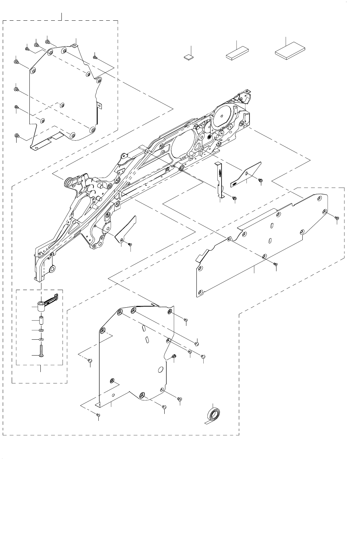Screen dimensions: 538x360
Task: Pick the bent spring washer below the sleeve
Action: (x=41, y=330)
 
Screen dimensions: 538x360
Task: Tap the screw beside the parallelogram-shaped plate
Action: (x=261, y=180)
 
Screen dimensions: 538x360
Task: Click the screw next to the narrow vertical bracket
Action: (x=234, y=198)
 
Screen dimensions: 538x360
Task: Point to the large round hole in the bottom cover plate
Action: (x=160, y=370)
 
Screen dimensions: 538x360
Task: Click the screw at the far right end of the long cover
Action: (x=337, y=218)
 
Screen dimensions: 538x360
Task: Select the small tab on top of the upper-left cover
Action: (x=74, y=44)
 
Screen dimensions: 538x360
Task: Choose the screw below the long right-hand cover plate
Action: (x=275, y=264)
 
